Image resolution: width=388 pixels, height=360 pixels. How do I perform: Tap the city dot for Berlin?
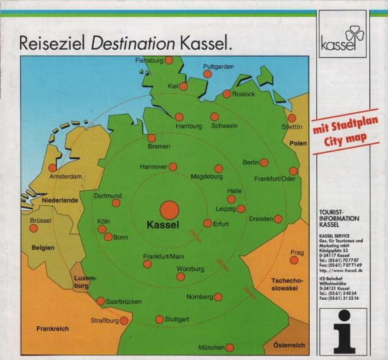point(264,162)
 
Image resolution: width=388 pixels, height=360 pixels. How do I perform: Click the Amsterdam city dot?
point(52,168)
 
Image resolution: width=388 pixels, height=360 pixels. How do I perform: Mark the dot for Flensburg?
point(169,60)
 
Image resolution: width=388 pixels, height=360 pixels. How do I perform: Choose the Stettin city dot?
point(292,118)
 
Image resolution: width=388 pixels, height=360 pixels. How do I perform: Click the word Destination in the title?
point(134,43)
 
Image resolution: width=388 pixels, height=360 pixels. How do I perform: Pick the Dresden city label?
point(261,219)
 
